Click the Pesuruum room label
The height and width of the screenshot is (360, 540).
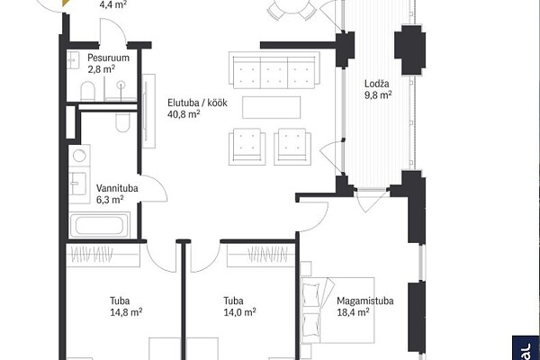108,58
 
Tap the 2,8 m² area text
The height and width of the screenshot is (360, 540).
101,69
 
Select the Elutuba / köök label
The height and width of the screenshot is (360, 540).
197,103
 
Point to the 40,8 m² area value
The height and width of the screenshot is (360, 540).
184,114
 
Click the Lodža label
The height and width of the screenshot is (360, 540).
377,84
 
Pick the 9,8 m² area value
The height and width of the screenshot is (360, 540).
378,94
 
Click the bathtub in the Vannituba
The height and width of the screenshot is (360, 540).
100,225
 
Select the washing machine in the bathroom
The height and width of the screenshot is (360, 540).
79,156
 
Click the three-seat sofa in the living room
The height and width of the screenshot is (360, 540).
274,70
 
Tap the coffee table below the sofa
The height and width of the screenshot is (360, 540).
272,107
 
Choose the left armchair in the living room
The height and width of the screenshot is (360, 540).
247,147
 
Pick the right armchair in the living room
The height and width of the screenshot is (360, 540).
292,147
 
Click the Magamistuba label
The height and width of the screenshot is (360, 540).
365,301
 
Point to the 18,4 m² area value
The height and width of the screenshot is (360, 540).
353,312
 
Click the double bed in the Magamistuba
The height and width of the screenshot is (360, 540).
337,310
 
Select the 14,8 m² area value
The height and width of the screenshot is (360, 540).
126,312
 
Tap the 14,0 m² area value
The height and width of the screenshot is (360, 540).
239,312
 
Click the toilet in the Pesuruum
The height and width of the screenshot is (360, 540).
87,91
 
